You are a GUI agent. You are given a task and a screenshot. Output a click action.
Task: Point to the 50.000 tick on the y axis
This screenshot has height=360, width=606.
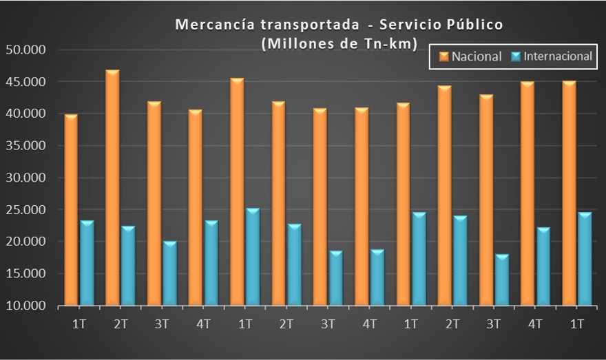[x=24, y=50]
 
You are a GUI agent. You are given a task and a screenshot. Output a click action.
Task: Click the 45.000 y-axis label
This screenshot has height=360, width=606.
[x=24, y=82]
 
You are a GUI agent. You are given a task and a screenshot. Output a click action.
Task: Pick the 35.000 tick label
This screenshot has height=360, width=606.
[x=24, y=146]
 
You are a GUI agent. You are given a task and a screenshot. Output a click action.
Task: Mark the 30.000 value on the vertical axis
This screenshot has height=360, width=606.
[x=24, y=178]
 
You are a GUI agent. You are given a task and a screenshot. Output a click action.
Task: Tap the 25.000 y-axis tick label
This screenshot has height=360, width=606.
[x=24, y=210]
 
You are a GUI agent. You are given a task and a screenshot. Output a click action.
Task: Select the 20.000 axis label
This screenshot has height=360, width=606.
[x=24, y=242]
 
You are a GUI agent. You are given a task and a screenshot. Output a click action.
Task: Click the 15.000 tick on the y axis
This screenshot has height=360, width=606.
[x=24, y=274]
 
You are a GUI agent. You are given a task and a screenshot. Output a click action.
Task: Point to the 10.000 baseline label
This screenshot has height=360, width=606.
[x=24, y=306]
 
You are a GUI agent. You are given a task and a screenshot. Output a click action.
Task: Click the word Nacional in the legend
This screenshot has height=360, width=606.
[x=477, y=56]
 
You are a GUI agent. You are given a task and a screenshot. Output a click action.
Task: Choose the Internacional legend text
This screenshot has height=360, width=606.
[x=557, y=56]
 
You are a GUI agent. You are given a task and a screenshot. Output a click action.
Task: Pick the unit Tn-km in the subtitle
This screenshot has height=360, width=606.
[x=393, y=43]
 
